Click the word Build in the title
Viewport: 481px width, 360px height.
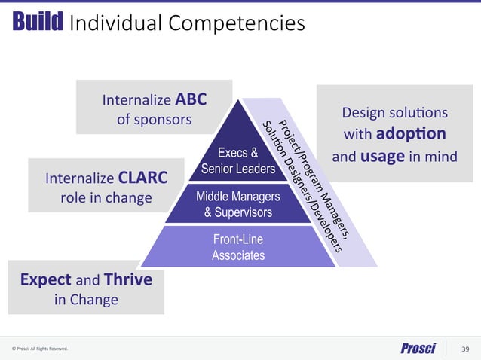point(37,23)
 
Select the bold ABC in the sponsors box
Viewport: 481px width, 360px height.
point(191,99)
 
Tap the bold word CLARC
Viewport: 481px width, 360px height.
point(142,178)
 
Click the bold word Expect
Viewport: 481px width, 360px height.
point(44,280)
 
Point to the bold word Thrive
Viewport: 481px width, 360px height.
point(127,280)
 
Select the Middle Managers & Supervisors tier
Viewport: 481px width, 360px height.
point(237,204)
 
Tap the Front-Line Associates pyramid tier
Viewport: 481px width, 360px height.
point(238,247)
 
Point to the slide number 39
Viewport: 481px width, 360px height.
point(464,348)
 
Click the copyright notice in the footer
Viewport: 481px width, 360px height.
point(40,349)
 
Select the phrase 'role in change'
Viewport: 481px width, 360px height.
point(106,198)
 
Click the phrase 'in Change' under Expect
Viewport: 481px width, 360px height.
point(86,300)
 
